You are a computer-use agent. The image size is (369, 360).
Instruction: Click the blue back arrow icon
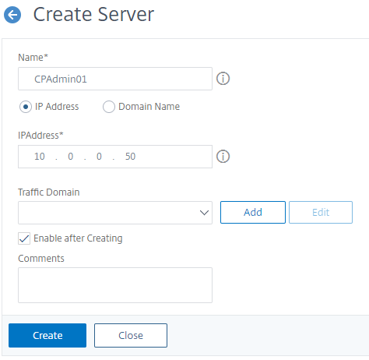click(12, 15)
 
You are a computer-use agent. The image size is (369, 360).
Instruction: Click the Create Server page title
click(93, 14)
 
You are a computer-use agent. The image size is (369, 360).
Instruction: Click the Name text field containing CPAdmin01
click(115, 79)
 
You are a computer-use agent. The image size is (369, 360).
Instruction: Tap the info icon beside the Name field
click(223, 79)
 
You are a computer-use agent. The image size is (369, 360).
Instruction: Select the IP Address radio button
click(26, 107)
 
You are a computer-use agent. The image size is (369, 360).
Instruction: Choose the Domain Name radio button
click(109, 107)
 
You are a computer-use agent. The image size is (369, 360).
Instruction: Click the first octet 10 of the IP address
click(40, 157)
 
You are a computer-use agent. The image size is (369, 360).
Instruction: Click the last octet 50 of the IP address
click(130, 157)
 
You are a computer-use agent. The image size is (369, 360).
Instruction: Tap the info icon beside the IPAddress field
click(223, 157)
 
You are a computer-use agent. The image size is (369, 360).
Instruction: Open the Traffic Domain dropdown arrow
click(204, 213)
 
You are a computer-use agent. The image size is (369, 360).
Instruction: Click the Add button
click(253, 212)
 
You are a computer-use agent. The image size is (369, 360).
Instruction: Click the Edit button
click(321, 212)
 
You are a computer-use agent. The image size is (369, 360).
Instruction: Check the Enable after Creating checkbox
click(24, 238)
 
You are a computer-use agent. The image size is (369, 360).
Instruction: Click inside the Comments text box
click(115, 285)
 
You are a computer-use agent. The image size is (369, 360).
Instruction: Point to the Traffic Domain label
click(49, 192)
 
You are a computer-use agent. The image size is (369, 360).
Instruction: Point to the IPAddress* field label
click(40, 136)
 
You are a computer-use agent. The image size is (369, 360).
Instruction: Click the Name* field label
click(33, 57)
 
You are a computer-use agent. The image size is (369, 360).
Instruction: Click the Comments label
click(41, 259)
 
